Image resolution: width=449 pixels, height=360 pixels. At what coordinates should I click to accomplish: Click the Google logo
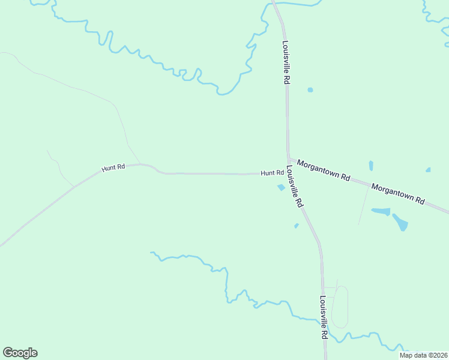point(20,353)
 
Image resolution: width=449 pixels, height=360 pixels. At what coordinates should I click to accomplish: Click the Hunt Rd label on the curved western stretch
point(113,168)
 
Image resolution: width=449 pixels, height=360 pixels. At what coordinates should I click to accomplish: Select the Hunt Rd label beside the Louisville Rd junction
point(272,173)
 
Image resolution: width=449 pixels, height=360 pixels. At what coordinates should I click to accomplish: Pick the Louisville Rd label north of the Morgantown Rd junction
point(286,62)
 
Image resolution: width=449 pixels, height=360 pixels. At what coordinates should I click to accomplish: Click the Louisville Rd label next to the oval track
point(323,317)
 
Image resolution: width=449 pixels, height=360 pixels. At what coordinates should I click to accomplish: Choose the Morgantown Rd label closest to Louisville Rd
point(324,170)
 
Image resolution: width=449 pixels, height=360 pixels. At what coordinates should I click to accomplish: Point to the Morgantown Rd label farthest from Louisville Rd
point(397,193)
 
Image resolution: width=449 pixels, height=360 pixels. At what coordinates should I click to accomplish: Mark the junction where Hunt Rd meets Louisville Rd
point(287,173)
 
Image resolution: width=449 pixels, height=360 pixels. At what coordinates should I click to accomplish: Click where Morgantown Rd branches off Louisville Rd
point(289,159)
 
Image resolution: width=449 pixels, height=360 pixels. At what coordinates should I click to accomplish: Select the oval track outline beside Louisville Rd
point(340,307)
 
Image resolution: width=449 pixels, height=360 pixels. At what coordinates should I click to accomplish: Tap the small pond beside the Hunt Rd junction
point(280,187)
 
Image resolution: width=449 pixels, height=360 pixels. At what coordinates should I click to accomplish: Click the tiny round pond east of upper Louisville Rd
point(310,90)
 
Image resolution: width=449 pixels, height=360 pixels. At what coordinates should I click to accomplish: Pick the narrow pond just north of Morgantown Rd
point(371,166)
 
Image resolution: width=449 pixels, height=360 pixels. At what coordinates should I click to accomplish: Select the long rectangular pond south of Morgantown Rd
point(381,211)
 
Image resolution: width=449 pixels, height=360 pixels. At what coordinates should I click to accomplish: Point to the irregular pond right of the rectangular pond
point(400,222)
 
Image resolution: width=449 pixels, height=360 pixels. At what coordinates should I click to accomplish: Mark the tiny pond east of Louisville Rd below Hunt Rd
point(297,226)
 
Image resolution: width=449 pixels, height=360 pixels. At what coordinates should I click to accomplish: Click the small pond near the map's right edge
point(428,170)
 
